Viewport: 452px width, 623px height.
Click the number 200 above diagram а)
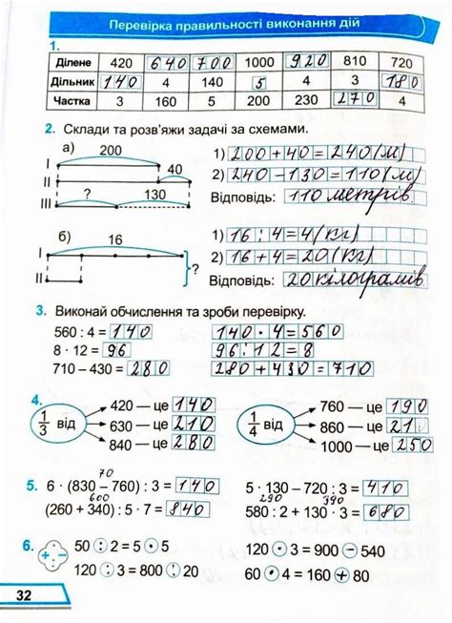pyautogui.click(x=111, y=151)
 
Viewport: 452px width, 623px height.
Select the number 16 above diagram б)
pyautogui.click(x=115, y=239)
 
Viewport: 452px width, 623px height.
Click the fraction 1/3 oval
pyautogui.click(x=42, y=421)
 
